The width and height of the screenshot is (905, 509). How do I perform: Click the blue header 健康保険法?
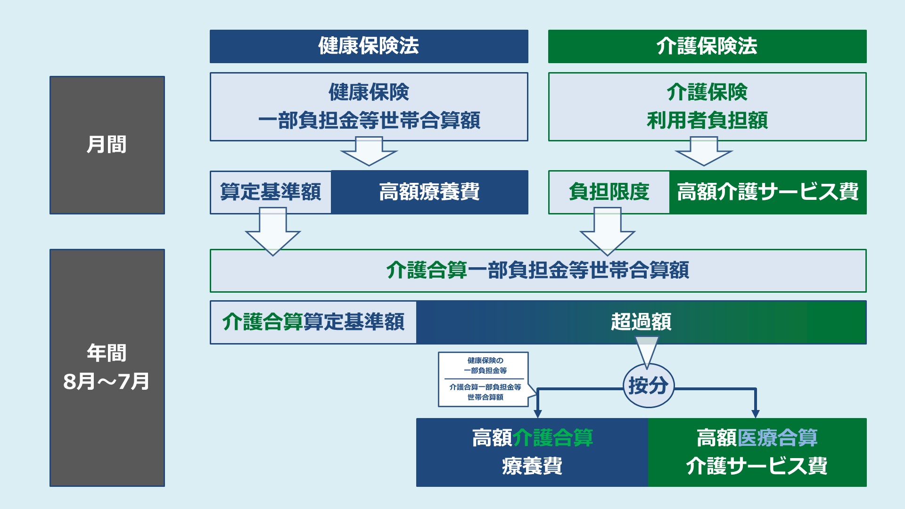369,46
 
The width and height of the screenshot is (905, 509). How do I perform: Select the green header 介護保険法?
707,46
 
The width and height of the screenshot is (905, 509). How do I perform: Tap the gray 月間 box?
107,145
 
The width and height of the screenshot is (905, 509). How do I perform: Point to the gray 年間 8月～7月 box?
107,368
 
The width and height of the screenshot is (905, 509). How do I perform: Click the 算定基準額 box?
271,192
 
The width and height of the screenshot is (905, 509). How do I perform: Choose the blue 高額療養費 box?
429,192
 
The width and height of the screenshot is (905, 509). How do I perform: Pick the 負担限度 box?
609,192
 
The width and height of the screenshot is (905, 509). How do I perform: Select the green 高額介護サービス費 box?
768,192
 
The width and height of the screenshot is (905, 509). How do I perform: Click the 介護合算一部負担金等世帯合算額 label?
538,271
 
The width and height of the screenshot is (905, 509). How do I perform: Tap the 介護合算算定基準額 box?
313,322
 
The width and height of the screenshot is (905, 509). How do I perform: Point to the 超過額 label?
641,322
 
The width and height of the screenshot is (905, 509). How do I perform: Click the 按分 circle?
649,386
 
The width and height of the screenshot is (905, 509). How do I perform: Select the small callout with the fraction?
484,379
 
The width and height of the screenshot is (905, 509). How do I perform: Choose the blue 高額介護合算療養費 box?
532,452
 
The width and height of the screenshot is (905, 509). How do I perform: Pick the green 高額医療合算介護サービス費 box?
757,452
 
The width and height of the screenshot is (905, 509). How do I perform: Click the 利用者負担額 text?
707,120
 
